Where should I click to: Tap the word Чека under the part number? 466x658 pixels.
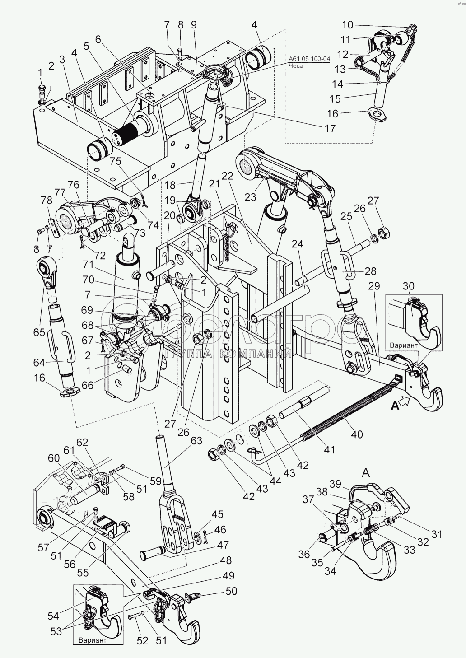tap(296, 66)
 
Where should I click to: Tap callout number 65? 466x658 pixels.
tap(39, 333)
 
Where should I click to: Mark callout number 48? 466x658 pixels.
tap(225, 560)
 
